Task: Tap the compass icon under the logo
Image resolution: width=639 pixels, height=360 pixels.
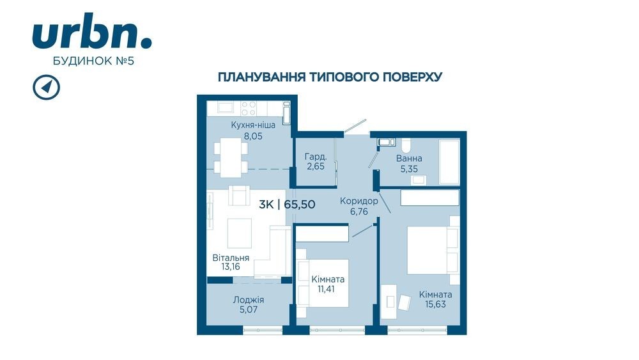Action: click(x=47, y=87)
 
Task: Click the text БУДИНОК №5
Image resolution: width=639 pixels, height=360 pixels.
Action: click(x=93, y=61)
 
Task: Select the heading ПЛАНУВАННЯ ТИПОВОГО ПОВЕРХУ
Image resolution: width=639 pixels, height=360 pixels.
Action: click(x=330, y=77)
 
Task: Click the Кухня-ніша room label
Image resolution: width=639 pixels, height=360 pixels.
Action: click(x=253, y=125)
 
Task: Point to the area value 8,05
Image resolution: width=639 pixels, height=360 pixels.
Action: click(x=253, y=136)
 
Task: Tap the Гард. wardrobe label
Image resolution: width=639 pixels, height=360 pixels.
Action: click(x=316, y=156)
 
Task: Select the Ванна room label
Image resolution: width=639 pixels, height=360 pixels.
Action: click(x=409, y=158)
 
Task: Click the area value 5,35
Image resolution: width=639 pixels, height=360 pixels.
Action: click(x=409, y=169)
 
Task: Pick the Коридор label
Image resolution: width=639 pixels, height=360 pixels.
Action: click(x=359, y=201)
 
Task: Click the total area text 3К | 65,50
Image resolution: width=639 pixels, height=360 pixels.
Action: click(x=288, y=204)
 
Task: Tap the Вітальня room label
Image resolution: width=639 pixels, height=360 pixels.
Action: click(x=231, y=258)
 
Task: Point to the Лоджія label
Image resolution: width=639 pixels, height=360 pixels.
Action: click(x=249, y=300)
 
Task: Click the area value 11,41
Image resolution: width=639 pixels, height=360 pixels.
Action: click(x=328, y=290)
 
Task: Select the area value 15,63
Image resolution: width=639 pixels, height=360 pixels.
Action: click(x=436, y=304)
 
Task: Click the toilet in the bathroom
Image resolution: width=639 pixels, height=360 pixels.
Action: click(x=406, y=144)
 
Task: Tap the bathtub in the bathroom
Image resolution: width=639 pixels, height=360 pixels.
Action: click(x=449, y=161)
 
